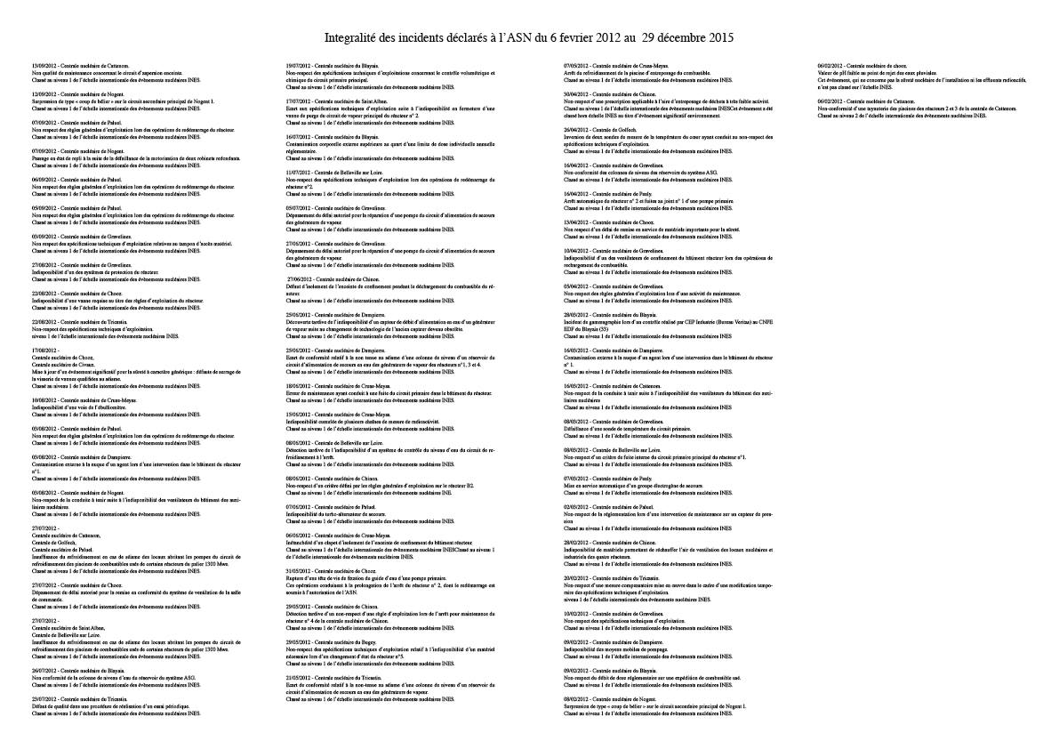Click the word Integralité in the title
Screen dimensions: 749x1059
tap(351, 38)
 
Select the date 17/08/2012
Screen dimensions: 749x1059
tap(43, 350)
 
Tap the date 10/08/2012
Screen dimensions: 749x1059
tap(43, 400)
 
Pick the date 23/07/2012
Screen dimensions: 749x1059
tap(43, 699)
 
